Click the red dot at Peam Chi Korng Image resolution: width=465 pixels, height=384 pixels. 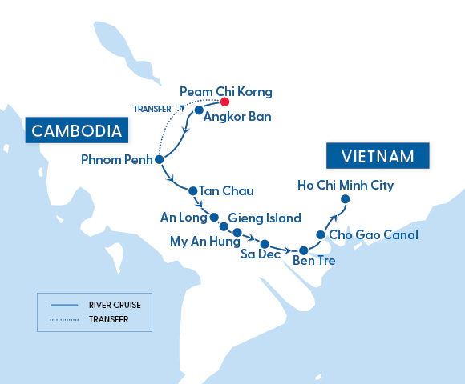225,102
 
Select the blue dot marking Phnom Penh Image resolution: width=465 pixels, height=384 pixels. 159,160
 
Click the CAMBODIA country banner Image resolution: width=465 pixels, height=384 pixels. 77,130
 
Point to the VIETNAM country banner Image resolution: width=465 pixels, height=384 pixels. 377,155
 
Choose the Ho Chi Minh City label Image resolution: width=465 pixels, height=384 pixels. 346,185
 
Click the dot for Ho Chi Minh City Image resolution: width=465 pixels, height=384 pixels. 346,199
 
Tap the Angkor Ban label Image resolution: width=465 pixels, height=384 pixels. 237,117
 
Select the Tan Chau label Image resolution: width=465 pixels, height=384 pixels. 225,191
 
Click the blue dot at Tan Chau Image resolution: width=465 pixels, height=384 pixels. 192,190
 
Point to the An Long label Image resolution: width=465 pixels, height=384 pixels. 183,217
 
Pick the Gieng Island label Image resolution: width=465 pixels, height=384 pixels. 265,218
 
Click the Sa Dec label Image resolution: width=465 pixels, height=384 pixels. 261,255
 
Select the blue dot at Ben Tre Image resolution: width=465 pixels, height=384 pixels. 303,250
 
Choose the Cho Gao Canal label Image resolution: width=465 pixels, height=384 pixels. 374,236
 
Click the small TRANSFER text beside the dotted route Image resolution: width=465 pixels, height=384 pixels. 150,110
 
